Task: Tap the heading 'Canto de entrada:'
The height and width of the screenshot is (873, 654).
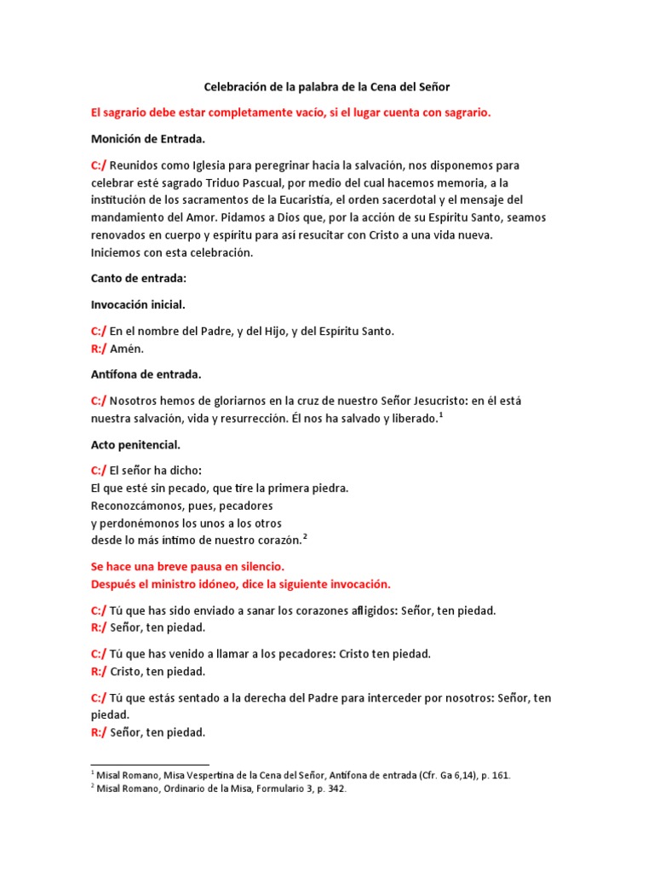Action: [137, 279]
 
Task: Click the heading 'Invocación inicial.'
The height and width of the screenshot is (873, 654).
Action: [138, 304]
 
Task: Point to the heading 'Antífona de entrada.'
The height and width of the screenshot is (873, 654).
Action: [146, 373]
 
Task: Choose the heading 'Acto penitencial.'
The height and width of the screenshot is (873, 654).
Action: [135, 444]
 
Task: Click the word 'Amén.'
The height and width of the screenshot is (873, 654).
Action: [126, 349]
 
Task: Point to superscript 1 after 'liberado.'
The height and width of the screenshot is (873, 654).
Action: [441, 414]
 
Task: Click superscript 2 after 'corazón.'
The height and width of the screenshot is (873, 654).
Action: [305, 536]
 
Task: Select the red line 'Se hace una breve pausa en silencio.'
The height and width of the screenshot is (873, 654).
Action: [186, 566]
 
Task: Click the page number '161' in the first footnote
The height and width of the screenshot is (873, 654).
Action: [501, 776]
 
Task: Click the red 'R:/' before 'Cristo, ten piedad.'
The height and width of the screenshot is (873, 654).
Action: [98, 672]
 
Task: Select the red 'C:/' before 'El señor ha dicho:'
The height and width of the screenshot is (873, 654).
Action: [98, 471]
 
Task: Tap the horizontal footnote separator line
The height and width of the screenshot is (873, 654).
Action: [150, 764]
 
